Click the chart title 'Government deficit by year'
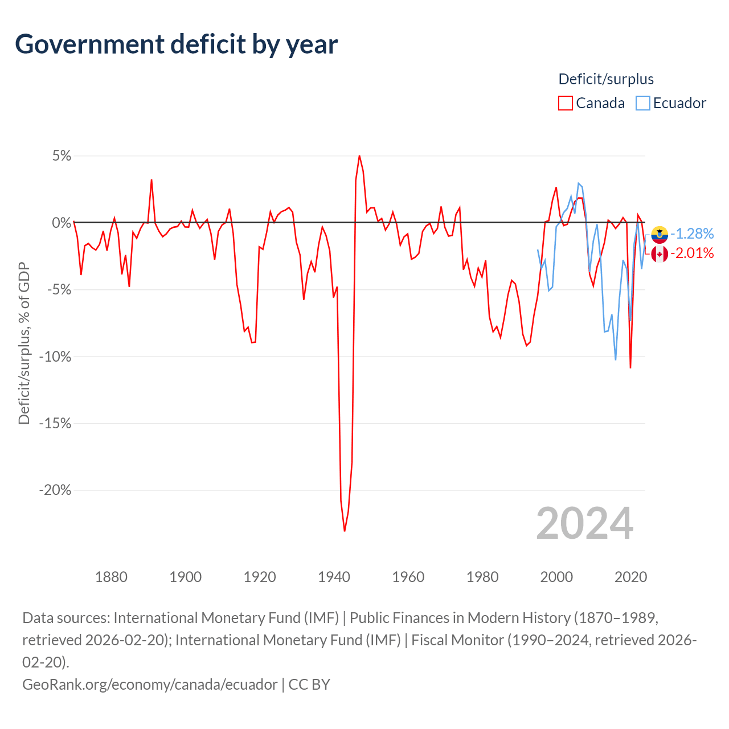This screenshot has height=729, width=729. [177, 44]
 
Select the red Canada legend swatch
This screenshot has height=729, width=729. [565, 103]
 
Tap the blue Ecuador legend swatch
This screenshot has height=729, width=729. [642, 103]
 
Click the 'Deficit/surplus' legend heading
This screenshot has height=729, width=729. [606, 79]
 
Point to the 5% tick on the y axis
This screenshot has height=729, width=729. [62, 156]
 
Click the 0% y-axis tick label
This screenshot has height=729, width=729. [62, 223]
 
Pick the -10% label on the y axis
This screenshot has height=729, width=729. [55, 357]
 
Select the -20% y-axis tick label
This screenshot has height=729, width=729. [55, 490]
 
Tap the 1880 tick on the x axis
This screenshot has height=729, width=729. [111, 577]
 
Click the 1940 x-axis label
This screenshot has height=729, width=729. [334, 577]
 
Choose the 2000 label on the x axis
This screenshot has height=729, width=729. [556, 577]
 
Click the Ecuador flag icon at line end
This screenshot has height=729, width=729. [660, 234]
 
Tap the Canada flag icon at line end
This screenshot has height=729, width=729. [660, 254]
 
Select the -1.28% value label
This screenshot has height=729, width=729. [692, 234]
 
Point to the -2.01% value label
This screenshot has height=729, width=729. [692, 253]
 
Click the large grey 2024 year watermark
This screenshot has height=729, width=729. [584, 523]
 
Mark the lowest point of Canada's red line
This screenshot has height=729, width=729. [345, 531]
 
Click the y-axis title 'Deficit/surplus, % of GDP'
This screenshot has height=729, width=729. [24, 343]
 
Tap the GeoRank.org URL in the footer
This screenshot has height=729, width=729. [150, 684]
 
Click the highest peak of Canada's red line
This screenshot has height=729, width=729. [359, 156]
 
